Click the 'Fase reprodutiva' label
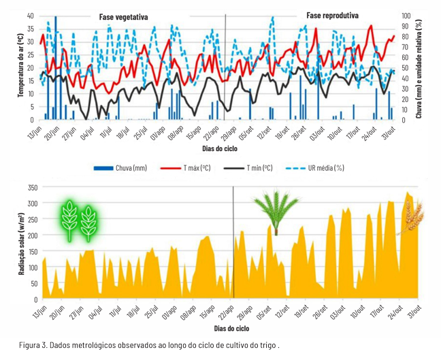click(332, 14)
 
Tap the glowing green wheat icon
click(78, 221)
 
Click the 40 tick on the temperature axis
click(31, 15)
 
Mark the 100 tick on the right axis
click(406, 15)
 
